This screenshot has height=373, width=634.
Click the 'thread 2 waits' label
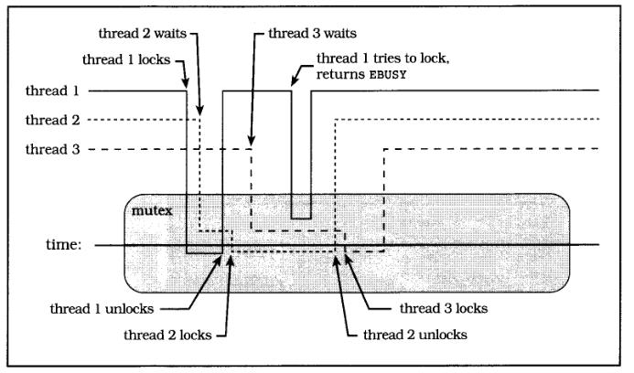pos(139,34)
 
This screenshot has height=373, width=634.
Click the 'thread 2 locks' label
pos(167,335)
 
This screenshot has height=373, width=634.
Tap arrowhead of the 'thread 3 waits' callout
pos(253,147)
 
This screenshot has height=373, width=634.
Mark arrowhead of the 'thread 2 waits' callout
pos(199,118)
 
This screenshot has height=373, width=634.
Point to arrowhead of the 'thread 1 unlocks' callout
pos(220,259)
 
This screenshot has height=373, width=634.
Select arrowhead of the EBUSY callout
pos(292,88)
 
